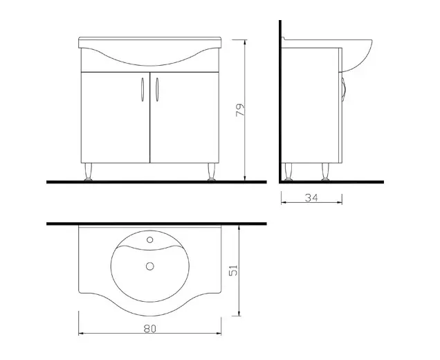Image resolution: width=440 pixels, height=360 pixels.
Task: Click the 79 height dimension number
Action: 241,110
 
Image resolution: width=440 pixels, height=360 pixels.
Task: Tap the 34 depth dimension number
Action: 311,198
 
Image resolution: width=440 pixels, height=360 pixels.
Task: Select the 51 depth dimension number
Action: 233,271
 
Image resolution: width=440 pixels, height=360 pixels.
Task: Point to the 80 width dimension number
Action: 150,329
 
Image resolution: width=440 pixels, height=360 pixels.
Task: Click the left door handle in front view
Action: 143,89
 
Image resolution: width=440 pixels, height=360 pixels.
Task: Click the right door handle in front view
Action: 157,89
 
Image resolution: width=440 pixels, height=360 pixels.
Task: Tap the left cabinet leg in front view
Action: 89,172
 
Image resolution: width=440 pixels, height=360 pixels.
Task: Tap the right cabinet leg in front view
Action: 211,172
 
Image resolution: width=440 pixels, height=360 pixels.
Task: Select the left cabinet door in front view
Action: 116,118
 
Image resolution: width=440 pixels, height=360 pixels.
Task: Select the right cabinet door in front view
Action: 184,118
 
